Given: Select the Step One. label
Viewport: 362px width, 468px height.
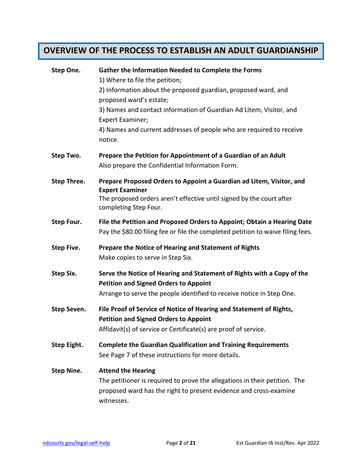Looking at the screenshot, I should click(63, 70).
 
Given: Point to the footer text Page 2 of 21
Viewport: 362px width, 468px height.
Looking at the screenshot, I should click(181, 443).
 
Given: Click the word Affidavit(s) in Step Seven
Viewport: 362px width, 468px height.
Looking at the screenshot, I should click(115, 328).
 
